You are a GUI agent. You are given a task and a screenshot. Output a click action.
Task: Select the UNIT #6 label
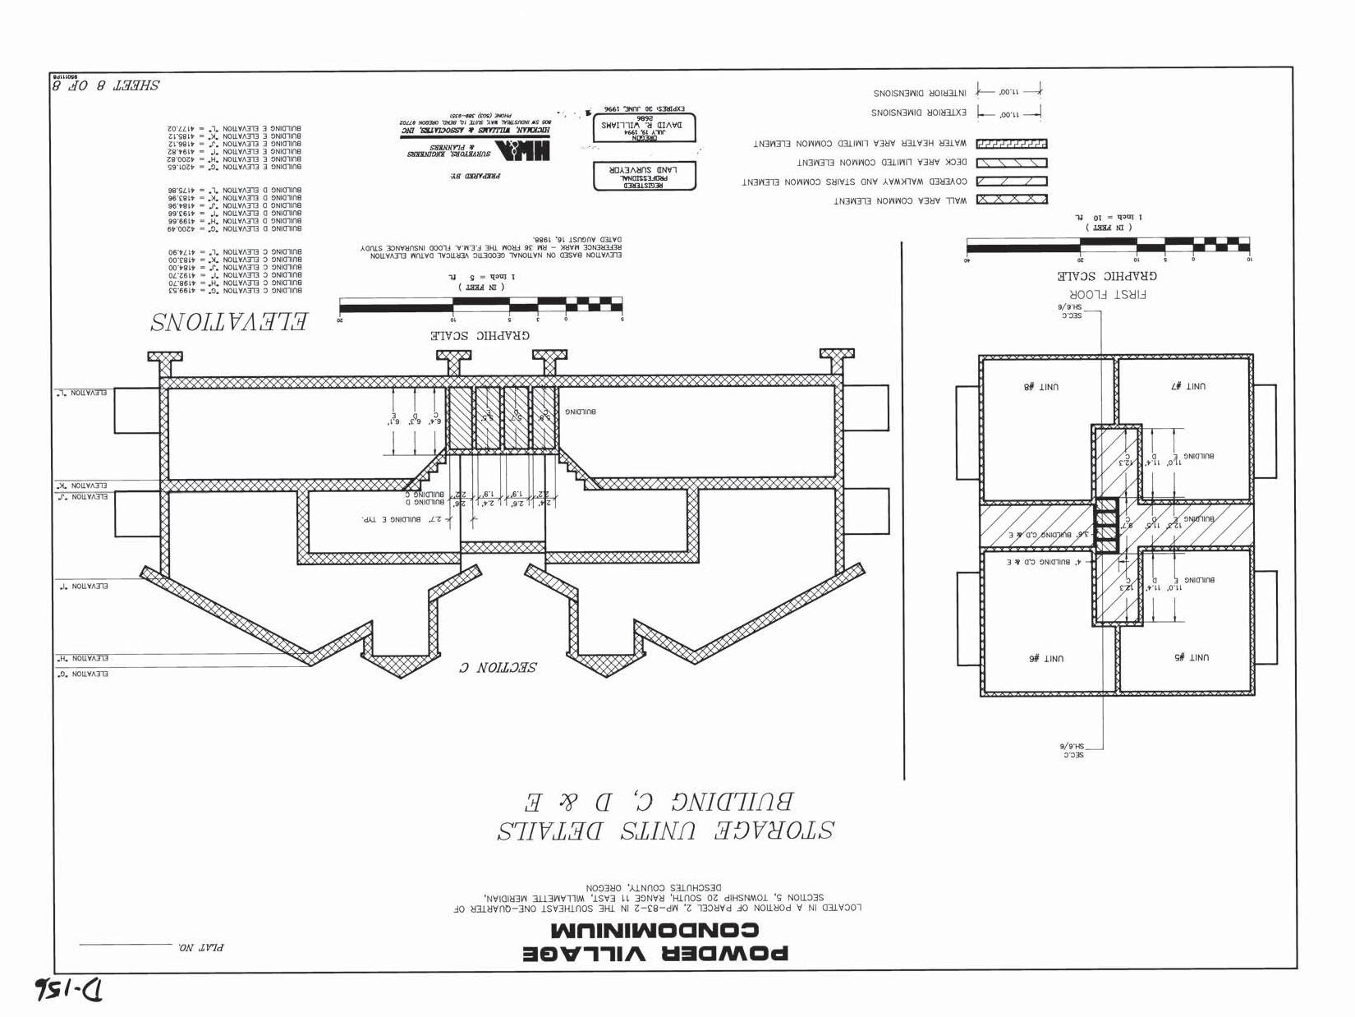pyautogui.click(x=1045, y=658)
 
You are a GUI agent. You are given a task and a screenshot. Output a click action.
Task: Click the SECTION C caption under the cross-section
pyautogui.click(x=498, y=667)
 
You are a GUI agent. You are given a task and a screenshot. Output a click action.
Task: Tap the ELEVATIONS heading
pyautogui.click(x=229, y=321)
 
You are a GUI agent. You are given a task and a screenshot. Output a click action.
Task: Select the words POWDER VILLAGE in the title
pyautogui.click(x=656, y=953)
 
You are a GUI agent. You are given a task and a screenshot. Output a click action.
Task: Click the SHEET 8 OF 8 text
pyautogui.click(x=106, y=85)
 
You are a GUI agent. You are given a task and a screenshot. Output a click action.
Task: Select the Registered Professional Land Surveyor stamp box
pyautogui.click(x=644, y=176)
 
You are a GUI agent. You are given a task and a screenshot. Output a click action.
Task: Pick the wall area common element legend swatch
pyautogui.click(x=1011, y=199)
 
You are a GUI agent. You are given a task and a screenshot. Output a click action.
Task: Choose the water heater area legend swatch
pyautogui.click(x=1011, y=144)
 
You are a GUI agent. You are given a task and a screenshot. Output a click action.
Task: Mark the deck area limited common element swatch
pyautogui.click(x=1011, y=163)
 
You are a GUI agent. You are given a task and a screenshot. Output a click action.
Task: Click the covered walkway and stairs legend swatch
pyautogui.click(x=1011, y=181)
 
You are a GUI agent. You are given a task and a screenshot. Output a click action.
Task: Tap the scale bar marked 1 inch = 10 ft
pyautogui.click(x=1108, y=244)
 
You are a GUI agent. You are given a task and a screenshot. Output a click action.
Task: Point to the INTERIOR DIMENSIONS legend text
pyautogui.click(x=919, y=93)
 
